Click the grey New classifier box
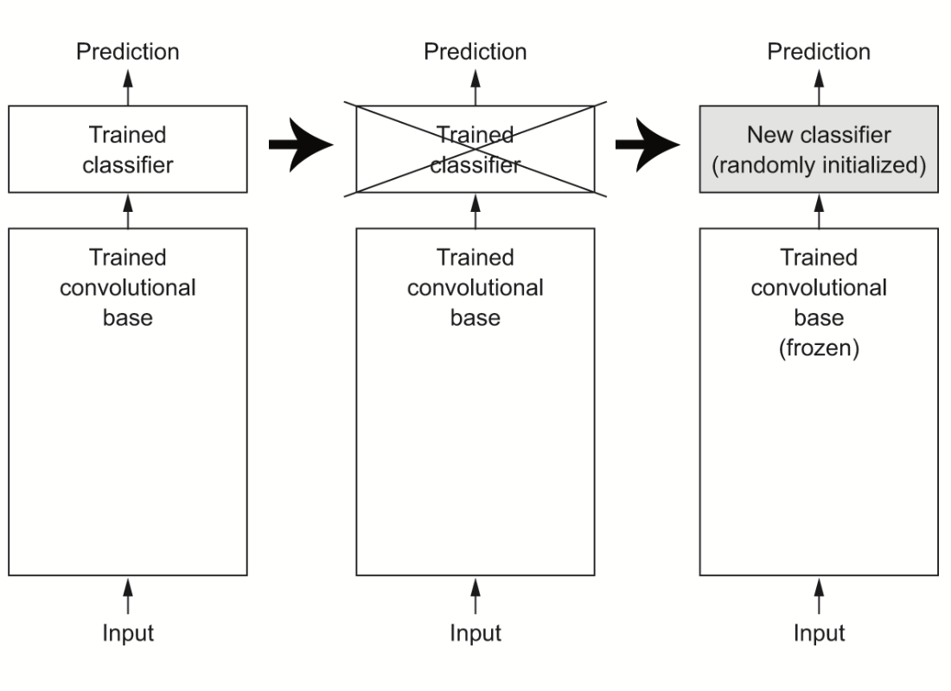(819, 150)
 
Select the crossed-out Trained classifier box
(475, 150)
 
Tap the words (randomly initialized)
(819, 165)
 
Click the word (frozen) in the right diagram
(819, 348)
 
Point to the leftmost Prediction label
(128, 52)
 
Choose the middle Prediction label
(475, 52)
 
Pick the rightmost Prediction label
(819, 52)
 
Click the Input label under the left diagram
(128, 633)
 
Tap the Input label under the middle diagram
(475, 633)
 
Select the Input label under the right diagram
(819, 633)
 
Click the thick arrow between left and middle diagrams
(301, 144)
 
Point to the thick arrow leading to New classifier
(648, 144)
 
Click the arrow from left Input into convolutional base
(128, 596)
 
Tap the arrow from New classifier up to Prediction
(819, 88)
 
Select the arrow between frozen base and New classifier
(819, 211)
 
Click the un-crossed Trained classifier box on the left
(128, 150)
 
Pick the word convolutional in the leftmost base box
(128, 288)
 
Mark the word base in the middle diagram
(475, 318)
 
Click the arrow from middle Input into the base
(475, 596)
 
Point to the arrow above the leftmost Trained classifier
(128, 88)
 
